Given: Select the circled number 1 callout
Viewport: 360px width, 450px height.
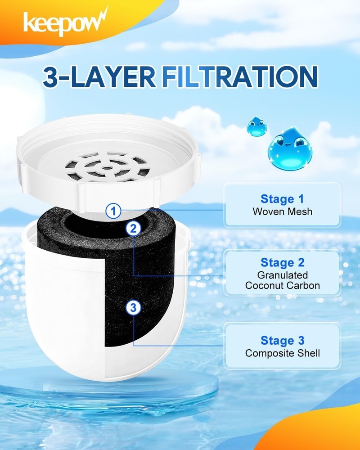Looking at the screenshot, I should [x=113, y=210].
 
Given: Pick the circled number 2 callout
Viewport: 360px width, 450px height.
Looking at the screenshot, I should [x=132, y=228].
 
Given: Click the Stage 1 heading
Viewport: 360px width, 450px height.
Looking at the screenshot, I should [x=282, y=198].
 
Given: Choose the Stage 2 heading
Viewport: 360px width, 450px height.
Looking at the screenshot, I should [x=282, y=262].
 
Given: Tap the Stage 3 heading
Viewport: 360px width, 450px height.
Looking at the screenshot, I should [x=282, y=340].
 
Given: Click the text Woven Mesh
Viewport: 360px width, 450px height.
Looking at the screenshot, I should [x=282, y=211].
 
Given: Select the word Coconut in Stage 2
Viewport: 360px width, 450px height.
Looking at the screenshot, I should [x=264, y=285].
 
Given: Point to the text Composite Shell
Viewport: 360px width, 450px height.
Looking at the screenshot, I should [x=282, y=353].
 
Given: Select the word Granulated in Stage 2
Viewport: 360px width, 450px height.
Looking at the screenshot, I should [x=282, y=274].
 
